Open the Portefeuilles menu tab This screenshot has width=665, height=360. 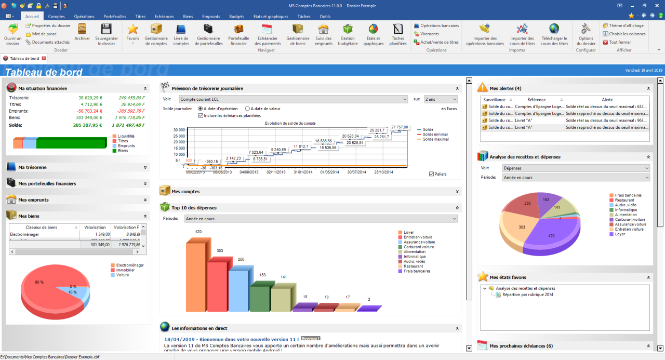click(115, 17)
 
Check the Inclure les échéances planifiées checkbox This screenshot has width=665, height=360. click(201, 116)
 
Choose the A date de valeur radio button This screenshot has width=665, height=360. click(247, 109)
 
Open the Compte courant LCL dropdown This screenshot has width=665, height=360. click(293, 99)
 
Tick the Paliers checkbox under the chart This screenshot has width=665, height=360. click(432, 174)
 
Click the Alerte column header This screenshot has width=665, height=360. click(607, 99)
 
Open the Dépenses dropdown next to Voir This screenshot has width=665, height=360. click(576, 168)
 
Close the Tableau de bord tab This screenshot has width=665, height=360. click(44, 59)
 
